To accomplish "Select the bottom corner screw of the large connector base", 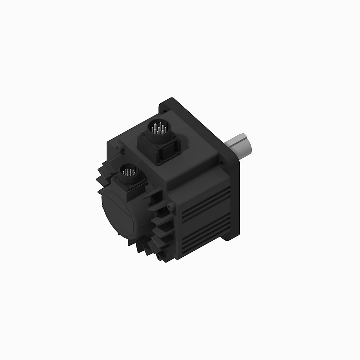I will click(158, 159).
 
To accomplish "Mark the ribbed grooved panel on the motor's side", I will click(205, 220).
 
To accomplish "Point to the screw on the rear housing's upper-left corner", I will click(117, 148).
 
